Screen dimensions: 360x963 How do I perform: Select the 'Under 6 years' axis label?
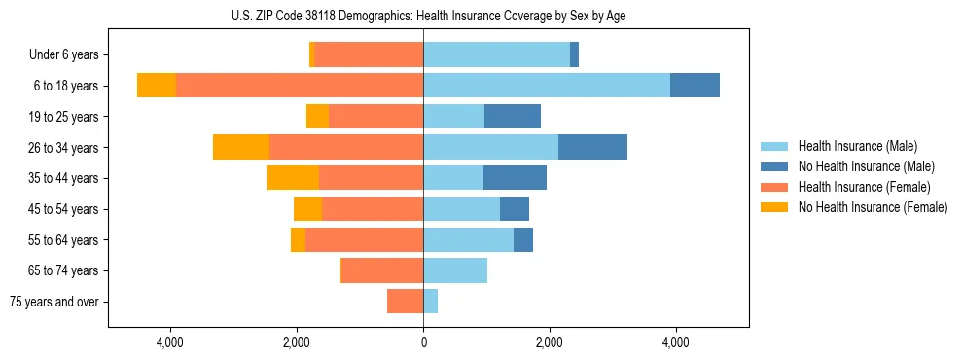[x=69, y=55]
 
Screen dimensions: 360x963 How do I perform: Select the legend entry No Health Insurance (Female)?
[x=873, y=207]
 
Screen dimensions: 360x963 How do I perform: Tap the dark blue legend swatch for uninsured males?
[x=775, y=166]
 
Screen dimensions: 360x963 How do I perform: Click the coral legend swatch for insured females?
[x=775, y=187]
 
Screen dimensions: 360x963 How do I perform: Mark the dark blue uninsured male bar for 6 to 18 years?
[x=695, y=86]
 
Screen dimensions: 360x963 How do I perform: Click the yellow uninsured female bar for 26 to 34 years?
[x=241, y=147]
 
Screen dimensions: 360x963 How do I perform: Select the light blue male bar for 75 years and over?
[x=431, y=302]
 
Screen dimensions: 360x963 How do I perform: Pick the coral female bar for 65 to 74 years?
[x=381, y=270]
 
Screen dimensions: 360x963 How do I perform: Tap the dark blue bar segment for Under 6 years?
[x=574, y=54]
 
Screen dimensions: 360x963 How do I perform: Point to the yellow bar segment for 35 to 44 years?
[x=293, y=178]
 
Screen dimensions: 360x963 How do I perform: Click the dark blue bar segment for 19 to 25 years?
[x=513, y=117]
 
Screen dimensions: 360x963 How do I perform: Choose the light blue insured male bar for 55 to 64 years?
[x=468, y=239]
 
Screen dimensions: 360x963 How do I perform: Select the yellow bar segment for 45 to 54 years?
[x=307, y=209]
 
